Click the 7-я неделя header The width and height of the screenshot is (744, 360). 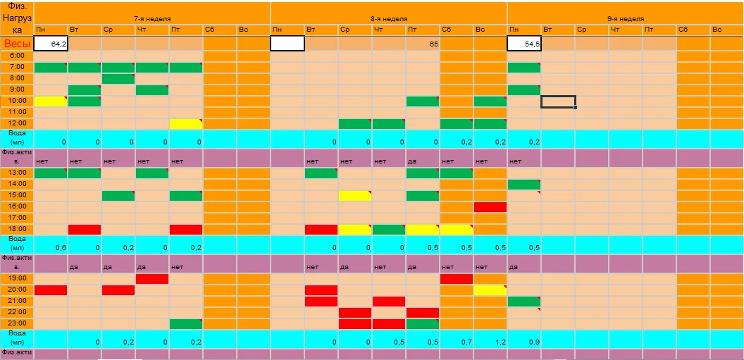point(152,18)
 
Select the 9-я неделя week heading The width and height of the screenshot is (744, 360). point(625,18)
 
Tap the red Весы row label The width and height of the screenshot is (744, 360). point(17,44)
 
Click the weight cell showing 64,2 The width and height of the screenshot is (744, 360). point(51,44)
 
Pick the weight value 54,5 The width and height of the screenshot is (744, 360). point(524,44)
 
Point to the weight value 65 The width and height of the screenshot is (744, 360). point(423,44)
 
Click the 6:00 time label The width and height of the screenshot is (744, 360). point(17,56)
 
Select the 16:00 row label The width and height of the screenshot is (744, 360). point(17,206)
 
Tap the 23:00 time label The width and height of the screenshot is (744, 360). point(17,323)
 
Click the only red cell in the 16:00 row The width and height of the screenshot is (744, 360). point(490,206)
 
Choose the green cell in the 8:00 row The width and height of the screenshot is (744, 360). point(118,78)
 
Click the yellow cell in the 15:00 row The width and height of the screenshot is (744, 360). point(355,195)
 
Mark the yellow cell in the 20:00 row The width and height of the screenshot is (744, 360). point(490,290)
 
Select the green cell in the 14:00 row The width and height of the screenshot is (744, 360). point(524,184)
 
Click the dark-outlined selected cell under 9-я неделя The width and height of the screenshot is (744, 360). point(558,101)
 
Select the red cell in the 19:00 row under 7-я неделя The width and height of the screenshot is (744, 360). point(152,278)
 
